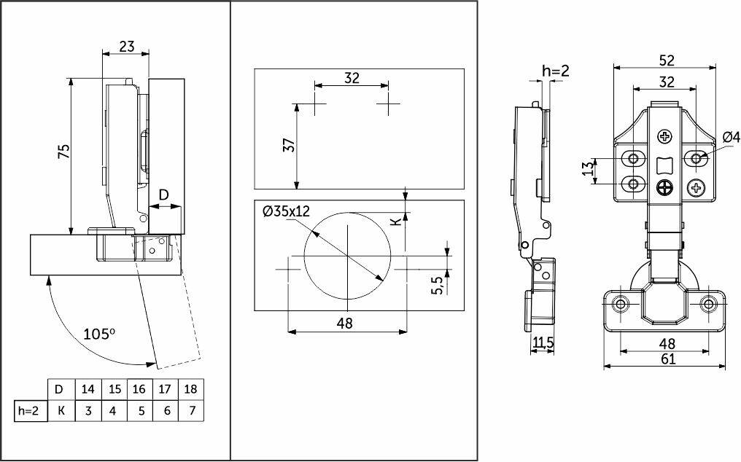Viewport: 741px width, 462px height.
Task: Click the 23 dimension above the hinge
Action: pyautogui.click(x=127, y=47)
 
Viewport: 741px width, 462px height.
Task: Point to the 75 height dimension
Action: pyautogui.click(x=63, y=151)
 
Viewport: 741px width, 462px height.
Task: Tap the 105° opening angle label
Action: pyautogui.click(x=99, y=334)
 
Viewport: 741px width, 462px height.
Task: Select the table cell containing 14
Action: pyautogui.click(x=88, y=389)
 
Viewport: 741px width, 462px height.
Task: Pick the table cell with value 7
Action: pyautogui.click(x=191, y=410)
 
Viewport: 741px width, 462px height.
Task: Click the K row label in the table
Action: pyautogui.click(x=61, y=410)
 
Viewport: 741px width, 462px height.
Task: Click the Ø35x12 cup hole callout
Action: pyautogui.click(x=287, y=211)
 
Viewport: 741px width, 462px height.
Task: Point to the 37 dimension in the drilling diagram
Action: pyautogui.click(x=290, y=144)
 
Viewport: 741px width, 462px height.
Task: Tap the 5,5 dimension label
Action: pyautogui.click(x=438, y=285)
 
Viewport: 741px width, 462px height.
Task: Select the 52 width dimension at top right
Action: pyautogui.click(x=666, y=60)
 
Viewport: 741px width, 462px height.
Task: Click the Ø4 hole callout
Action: pyautogui.click(x=731, y=137)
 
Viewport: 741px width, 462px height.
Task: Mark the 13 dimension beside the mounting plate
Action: pyautogui.click(x=587, y=168)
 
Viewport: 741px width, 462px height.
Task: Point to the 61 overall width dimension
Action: pyautogui.click(x=668, y=359)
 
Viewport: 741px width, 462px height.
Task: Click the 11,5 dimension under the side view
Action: pyautogui.click(x=542, y=342)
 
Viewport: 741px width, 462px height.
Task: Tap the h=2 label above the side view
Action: pyautogui.click(x=556, y=71)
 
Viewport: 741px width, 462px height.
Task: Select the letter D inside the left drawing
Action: pyautogui.click(x=163, y=195)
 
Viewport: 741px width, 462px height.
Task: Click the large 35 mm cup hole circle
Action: pyautogui.click(x=304, y=256)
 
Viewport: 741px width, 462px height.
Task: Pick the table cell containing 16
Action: pyautogui.click(x=139, y=389)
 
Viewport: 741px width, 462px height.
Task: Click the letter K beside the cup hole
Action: pyautogui.click(x=397, y=221)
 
